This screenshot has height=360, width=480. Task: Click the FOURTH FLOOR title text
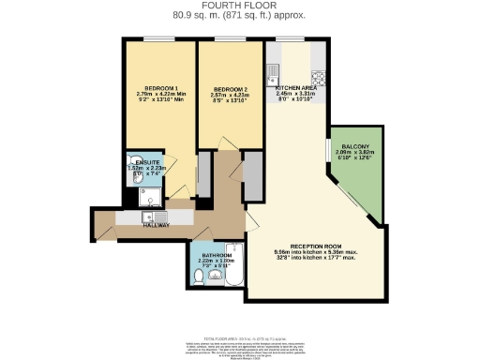click(240, 7)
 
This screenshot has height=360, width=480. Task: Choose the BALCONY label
click(356, 146)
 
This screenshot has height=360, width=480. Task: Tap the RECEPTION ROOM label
click(312, 246)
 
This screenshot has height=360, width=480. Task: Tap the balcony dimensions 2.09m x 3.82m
click(356, 155)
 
